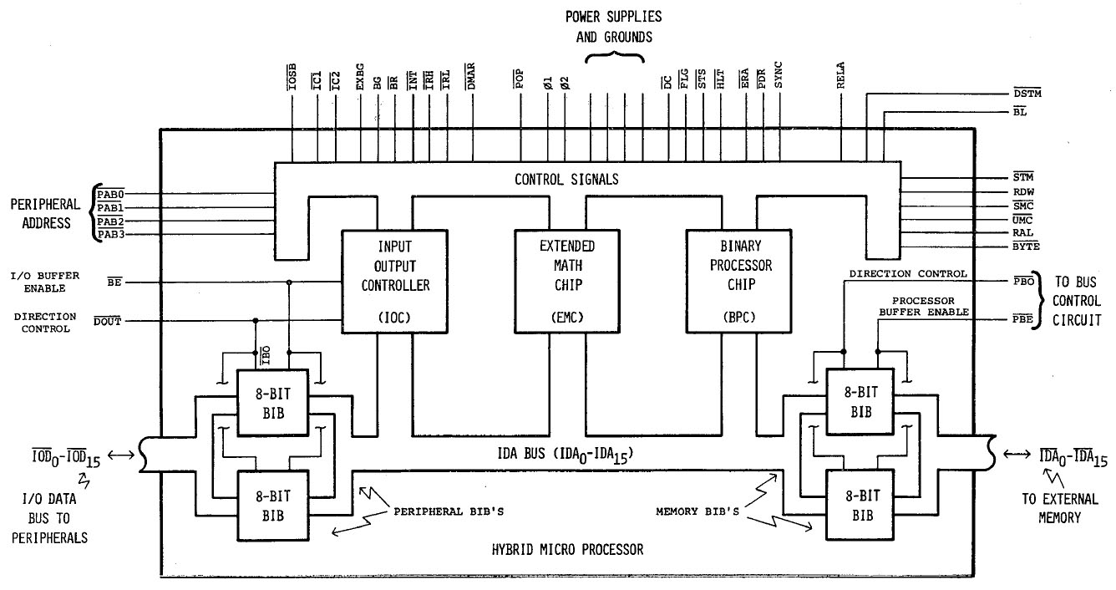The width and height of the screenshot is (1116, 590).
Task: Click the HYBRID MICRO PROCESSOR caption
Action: (566, 550)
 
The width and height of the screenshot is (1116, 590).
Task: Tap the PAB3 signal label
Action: (110, 234)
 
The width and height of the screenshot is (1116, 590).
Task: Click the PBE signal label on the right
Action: (1022, 318)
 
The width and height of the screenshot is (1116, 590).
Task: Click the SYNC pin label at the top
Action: (779, 79)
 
